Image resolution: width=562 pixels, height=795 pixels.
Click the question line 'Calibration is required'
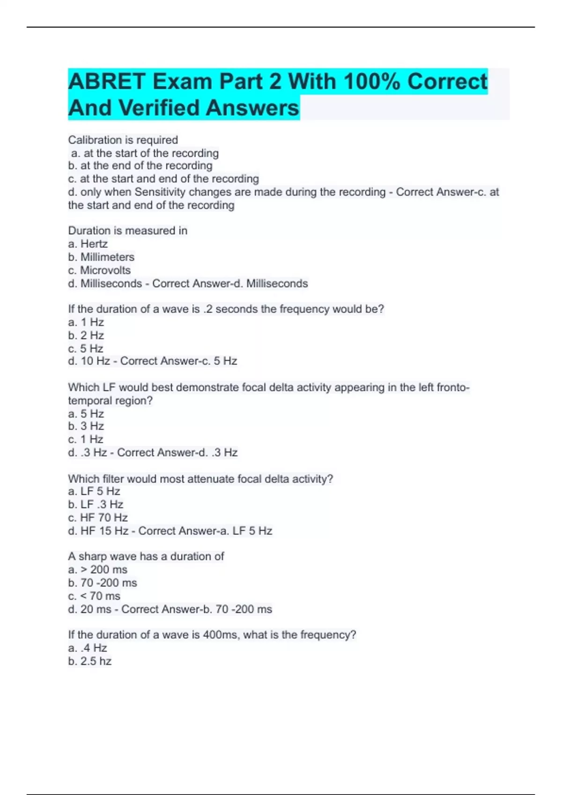[123, 140]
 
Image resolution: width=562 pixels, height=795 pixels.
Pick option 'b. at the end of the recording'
[140, 166]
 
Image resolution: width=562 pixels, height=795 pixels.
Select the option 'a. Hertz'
[88, 244]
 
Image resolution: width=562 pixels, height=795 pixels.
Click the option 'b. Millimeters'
[101, 257]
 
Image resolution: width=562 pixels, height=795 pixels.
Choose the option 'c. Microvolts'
[99, 270]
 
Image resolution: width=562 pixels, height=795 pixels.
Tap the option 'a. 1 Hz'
[86, 322]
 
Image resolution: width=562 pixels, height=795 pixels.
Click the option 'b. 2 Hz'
[86, 335]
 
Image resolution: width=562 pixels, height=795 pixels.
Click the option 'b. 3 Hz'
[86, 426]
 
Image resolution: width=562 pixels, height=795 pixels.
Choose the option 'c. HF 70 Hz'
[98, 517]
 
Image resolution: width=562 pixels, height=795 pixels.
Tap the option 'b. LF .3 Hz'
[96, 504]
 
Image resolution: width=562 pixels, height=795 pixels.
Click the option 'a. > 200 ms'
[97, 570]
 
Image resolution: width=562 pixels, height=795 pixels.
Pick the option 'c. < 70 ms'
[94, 596]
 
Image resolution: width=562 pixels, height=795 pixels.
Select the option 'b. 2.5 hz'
[90, 661]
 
